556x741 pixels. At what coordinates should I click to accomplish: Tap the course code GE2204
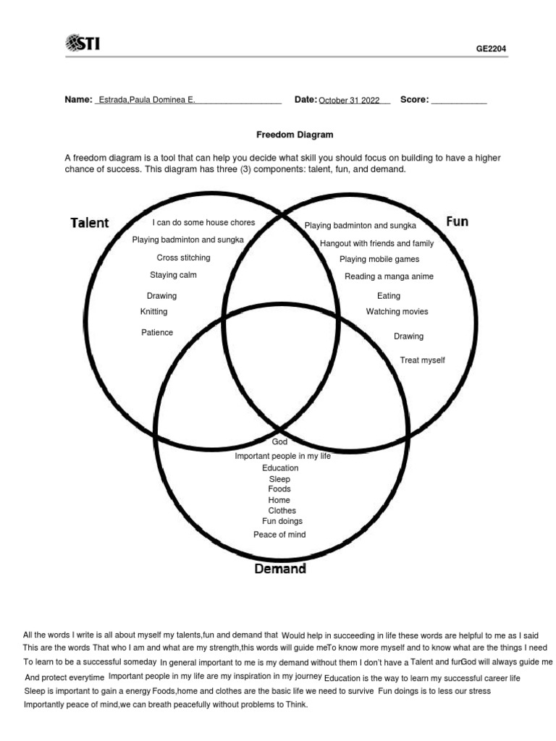point(491,49)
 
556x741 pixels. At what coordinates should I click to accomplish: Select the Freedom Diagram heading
point(295,135)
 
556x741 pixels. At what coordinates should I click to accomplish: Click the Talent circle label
point(90,223)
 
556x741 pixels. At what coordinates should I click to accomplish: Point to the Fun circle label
point(457,221)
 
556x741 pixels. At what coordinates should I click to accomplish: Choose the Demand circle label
point(280,569)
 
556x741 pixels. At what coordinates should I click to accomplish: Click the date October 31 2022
point(349,101)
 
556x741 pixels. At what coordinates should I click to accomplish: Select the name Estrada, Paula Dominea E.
point(146,100)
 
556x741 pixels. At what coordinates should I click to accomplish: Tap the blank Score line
point(459,101)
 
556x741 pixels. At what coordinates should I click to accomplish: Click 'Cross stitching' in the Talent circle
point(184,258)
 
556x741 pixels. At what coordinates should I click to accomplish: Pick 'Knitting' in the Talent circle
point(153,312)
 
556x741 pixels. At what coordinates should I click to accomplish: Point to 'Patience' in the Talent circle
point(157,333)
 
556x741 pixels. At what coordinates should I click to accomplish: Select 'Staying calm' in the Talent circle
point(173,275)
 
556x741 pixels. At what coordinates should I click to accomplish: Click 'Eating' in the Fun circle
point(389,296)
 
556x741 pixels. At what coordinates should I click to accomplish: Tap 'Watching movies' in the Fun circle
point(397,312)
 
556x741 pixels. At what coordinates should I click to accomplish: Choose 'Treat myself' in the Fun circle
point(423,360)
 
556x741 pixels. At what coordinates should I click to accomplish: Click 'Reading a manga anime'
point(389,276)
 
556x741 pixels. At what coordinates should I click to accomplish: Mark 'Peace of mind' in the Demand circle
point(279,535)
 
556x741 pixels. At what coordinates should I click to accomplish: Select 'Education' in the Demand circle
point(280,468)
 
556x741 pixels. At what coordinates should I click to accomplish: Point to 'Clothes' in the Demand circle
point(282,511)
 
